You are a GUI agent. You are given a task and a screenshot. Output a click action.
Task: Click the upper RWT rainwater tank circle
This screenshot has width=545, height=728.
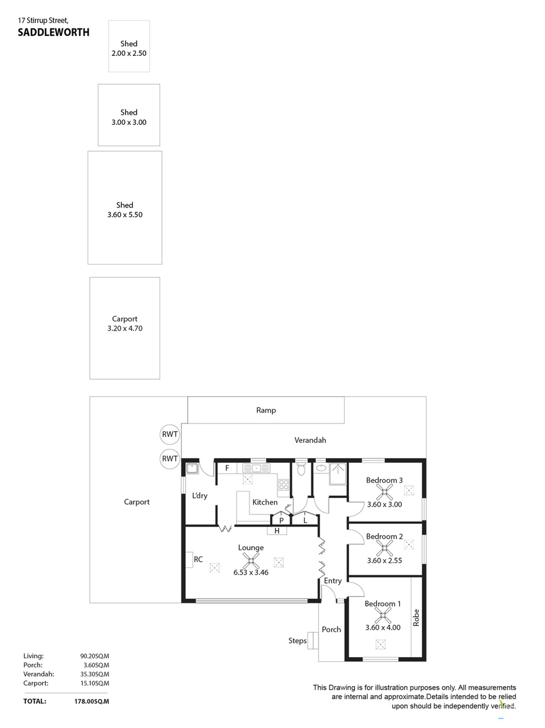coord(169,434)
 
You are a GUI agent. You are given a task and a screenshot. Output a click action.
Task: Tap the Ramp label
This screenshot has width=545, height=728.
coord(266,410)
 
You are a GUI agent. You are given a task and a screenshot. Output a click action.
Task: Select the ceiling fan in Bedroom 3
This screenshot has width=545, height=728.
coord(384,492)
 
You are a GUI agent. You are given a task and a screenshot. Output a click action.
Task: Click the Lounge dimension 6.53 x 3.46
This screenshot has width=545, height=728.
coord(251,572)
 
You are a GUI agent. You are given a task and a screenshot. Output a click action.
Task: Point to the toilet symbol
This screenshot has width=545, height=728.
coord(301,468)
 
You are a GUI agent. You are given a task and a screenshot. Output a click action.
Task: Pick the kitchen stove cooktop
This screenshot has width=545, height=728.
coord(283,485)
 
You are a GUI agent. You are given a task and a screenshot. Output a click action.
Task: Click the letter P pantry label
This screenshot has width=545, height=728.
coord(281,521)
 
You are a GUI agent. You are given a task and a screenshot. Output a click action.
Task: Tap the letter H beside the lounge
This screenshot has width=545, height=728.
coord(277,531)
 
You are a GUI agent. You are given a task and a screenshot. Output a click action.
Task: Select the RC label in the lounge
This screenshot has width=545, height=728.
coord(198,559)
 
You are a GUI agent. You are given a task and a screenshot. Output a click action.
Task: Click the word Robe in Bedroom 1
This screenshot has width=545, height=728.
coord(416,617)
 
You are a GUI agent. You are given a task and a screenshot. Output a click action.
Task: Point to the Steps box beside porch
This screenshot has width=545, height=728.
coord(313,640)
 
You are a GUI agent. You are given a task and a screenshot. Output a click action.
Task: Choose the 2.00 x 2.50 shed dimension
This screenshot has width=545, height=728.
coord(129,53)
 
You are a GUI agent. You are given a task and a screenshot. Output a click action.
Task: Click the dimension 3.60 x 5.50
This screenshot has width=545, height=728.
coord(125,215)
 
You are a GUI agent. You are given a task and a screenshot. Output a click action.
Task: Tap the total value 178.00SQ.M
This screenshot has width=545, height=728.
coord(92,701)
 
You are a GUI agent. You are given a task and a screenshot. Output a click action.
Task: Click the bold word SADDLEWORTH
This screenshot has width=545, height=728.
coord(53,32)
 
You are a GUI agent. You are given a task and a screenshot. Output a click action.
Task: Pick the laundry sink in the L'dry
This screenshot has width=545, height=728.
coord(192,468)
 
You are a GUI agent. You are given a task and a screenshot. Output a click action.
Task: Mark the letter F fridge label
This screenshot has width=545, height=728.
coord(227,468)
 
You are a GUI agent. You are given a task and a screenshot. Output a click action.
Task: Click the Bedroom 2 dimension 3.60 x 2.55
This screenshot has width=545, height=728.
coord(384,560)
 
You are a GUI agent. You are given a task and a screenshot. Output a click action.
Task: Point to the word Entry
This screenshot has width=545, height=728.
coord(333,581)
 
